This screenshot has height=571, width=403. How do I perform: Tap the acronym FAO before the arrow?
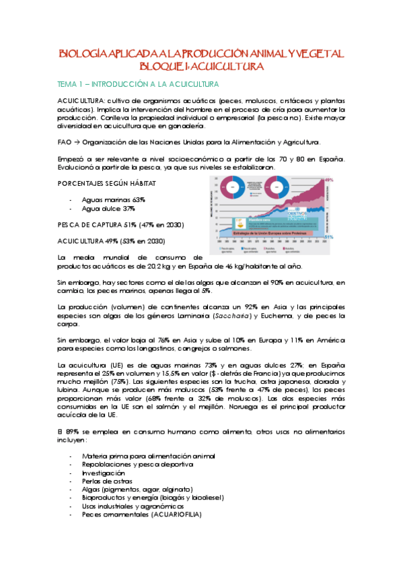tap(65, 142)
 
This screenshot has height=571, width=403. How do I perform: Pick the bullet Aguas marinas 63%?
tap(113, 200)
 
